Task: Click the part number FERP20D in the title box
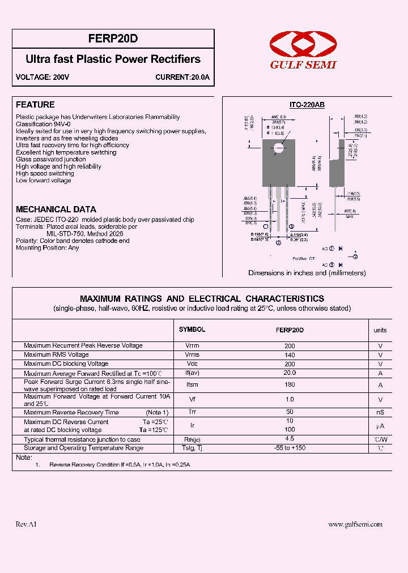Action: coord(113,40)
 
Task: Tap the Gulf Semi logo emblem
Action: coord(303,44)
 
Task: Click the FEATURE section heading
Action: coord(35,105)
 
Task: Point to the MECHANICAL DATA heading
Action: coord(56,209)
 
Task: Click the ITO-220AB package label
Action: coord(307,105)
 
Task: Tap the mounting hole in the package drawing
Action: coord(278,148)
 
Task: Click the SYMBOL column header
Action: coord(192,330)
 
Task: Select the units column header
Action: coord(380,330)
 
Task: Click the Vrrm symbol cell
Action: coord(192,345)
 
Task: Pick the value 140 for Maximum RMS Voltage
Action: coord(290,354)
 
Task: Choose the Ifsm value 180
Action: coord(290,385)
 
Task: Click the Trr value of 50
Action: coord(290,412)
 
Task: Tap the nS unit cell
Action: coord(380,412)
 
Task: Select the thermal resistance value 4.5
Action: coord(290,439)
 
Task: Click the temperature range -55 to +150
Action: coord(290,448)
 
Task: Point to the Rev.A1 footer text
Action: coord(27,524)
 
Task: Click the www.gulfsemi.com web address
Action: coord(355,524)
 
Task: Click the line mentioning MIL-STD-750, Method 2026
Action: coord(84,233)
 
